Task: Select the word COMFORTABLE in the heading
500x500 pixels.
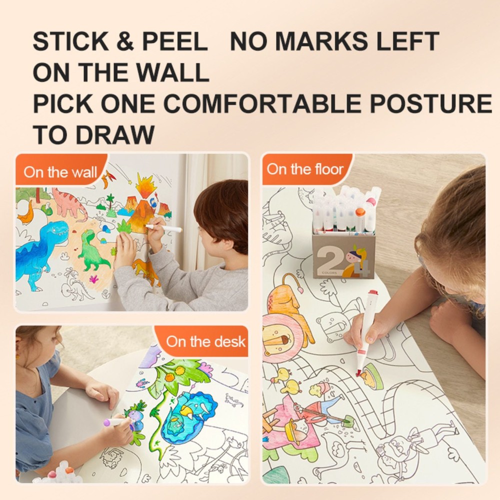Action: click(262, 103)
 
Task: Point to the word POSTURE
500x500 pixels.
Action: click(430, 103)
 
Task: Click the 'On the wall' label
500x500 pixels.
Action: click(60, 173)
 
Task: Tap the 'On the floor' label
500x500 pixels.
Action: click(305, 169)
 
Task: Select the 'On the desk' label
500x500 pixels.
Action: click(205, 341)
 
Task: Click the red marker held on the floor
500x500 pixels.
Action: click(367, 330)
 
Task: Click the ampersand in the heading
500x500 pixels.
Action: click(125, 41)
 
